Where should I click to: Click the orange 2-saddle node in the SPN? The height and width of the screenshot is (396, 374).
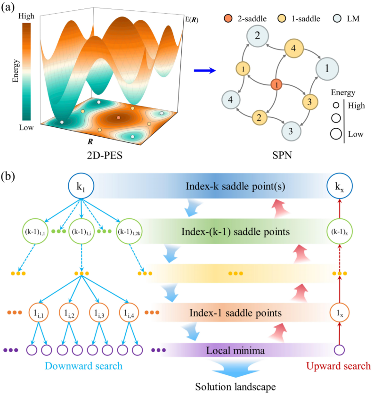(x=277, y=85)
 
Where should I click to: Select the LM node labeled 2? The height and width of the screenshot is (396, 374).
(x=257, y=35)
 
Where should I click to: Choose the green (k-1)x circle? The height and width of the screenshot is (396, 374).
(x=339, y=231)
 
